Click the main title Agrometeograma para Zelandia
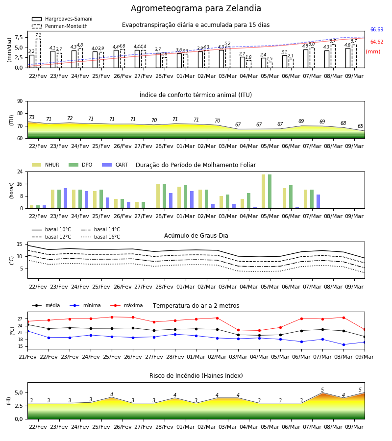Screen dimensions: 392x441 [196, 8]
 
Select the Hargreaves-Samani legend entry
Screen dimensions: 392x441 [62, 19]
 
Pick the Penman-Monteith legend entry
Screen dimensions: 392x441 [60, 26]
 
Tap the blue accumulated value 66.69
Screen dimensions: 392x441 [377, 29]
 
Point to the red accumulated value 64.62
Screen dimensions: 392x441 [377, 42]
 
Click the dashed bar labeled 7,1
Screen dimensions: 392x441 [38, 53]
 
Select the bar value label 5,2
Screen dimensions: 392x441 [227, 44]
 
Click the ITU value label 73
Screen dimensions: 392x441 [32, 117]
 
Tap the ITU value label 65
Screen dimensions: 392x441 [360, 126]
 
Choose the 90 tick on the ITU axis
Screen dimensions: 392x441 [20, 101]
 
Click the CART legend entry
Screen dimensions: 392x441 [115, 165]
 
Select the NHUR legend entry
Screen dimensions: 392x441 [46, 165]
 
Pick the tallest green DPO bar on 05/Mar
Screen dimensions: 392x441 [269, 192]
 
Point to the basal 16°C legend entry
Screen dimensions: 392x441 [100, 237]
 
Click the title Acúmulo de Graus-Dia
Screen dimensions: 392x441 [196, 235]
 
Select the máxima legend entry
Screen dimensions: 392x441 [126, 305]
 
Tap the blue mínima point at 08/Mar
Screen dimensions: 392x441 [343, 344]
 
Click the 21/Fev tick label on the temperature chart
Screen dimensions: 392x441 [27, 357]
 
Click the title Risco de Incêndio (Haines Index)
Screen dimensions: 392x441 [196, 376]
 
